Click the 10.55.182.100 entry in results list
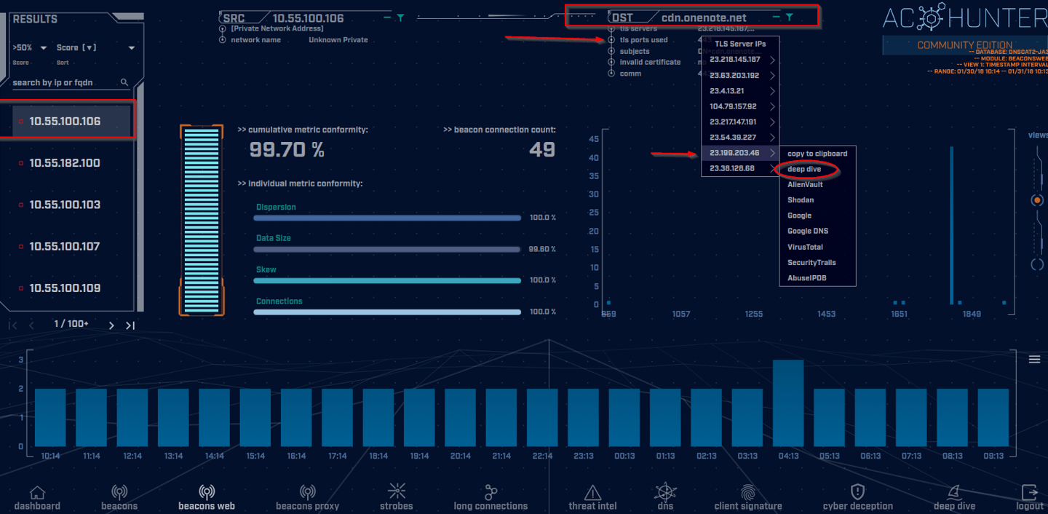64,163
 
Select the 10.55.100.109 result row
64,288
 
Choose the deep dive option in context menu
804,170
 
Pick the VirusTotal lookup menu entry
805,247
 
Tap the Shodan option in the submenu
801,200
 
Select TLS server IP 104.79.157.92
733,106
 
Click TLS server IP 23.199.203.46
734,153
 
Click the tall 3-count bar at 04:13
788,403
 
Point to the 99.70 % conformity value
287,150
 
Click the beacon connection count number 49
541,150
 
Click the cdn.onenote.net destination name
704,17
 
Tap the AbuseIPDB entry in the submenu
806,278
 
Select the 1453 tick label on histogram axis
826,314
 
